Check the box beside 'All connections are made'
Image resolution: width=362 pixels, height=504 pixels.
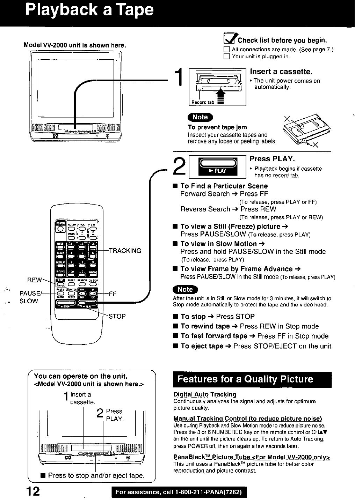tap(226, 50)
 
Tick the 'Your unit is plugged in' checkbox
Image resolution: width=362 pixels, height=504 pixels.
tap(226, 57)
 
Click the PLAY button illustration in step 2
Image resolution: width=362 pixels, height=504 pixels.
tap(217, 166)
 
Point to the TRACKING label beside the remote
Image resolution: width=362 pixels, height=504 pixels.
tap(125, 251)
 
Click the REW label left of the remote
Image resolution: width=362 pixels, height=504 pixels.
tap(34, 280)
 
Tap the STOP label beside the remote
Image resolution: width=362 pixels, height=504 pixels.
tap(117, 317)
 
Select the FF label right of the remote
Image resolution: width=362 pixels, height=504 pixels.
tap(113, 294)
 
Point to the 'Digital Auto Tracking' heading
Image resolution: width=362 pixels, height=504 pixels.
tap(205, 394)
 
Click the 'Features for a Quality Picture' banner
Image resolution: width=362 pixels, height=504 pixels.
tap(252, 379)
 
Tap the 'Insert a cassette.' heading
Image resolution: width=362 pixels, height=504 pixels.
tap(281, 72)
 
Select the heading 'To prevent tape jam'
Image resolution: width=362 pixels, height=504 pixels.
tap(217, 127)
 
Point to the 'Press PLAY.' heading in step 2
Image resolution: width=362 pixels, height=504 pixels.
tap(273, 159)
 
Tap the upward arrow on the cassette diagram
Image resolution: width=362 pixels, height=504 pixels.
tap(221, 94)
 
